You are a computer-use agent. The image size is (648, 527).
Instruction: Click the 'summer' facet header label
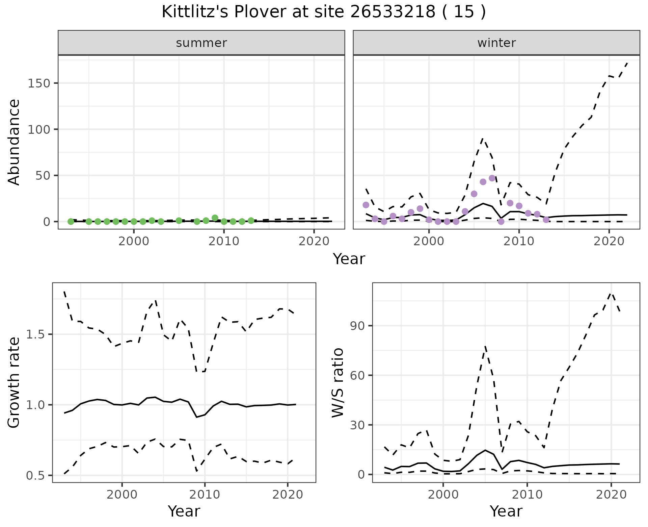click(x=201, y=43)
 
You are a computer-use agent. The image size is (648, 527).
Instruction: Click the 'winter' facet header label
click(x=496, y=43)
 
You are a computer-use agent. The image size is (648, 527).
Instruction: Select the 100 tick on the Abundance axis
click(x=40, y=129)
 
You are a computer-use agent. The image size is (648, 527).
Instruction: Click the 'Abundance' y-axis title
click(x=14, y=142)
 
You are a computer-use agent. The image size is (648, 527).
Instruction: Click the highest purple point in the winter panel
click(x=492, y=178)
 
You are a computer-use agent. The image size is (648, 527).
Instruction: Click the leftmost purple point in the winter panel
click(x=366, y=205)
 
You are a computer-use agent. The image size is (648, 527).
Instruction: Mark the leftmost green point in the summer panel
click(x=71, y=222)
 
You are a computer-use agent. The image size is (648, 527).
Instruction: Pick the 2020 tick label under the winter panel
click(x=609, y=241)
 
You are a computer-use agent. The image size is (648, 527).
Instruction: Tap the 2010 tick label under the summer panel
click(x=224, y=241)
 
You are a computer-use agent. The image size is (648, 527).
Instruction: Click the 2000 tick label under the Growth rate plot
click(x=122, y=495)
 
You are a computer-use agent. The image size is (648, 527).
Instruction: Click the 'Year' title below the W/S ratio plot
click(x=506, y=511)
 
